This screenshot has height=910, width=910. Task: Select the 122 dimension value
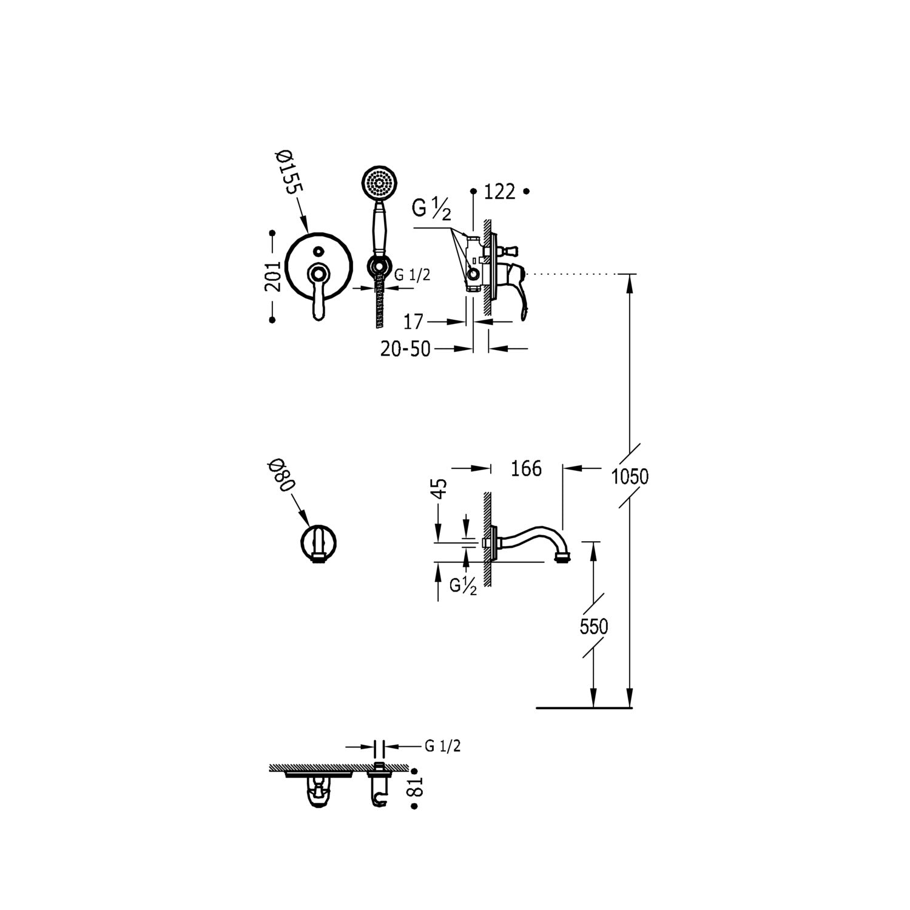point(500,192)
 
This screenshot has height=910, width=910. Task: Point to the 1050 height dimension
point(630,477)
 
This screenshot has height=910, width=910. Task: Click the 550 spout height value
point(593,626)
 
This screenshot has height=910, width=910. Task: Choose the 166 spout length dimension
point(525,468)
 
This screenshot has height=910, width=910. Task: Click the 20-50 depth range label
point(405,349)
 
